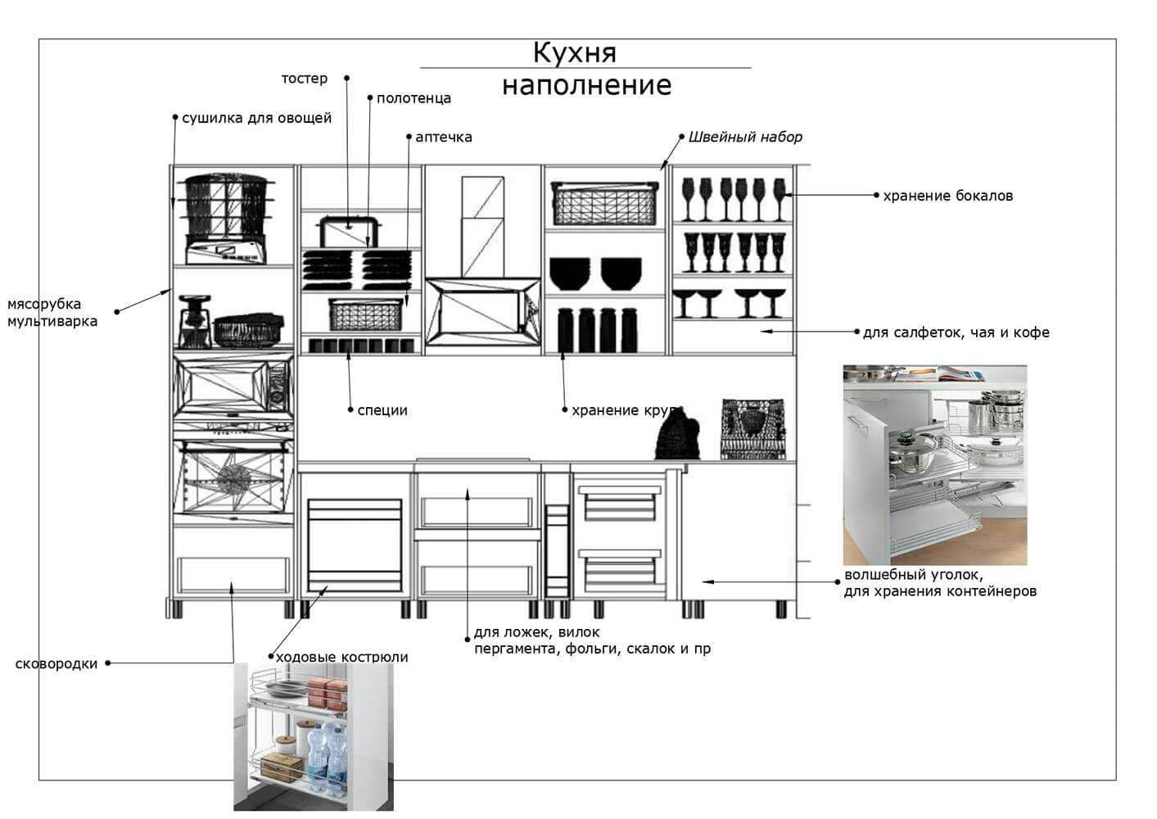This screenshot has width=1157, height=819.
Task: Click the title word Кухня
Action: [574, 52]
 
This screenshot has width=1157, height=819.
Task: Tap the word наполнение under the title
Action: [586, 85]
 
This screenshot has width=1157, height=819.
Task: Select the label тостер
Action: [304, 79]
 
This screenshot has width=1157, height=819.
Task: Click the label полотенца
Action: [414, 98]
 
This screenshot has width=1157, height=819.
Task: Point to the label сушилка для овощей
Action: [256, 118]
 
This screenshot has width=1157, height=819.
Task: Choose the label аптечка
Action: [443, 137]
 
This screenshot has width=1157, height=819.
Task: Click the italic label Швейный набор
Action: [745, 137]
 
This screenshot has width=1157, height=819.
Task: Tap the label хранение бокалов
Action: [947, 196]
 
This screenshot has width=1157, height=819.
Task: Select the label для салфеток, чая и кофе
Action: [956, 333]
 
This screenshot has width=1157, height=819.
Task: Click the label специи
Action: [382, 410]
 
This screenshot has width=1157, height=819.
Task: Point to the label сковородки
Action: [56, 663]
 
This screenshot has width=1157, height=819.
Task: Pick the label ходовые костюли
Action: [341, 657]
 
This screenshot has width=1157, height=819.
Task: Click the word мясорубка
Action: [44, 304]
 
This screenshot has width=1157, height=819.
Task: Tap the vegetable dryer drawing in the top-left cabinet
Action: [226, 217]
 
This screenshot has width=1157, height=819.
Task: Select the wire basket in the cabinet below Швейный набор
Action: [605, 204]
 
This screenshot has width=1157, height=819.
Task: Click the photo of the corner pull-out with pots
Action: [934, 464]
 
